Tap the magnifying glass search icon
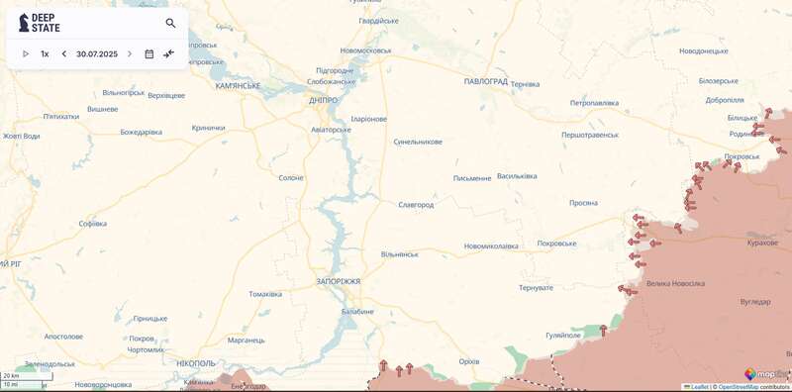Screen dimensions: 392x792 tap(170, 23)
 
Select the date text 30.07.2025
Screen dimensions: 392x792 tap(97, 54)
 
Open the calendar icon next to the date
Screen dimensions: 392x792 tap(149, 54)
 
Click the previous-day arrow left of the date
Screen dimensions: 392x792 tap(64, 54)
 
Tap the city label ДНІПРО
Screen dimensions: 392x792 tap(323, 100)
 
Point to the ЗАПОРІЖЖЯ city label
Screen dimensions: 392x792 tap(338, 282)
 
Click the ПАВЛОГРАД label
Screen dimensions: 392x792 tap(485, 81)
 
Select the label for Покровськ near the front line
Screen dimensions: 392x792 tap(742, 156)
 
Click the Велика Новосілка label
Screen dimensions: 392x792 tap(675, 284)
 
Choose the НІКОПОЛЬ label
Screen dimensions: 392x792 tap(196, 364)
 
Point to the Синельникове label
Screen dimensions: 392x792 tap(418, 142)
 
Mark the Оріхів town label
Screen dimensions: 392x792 tap(469, 361)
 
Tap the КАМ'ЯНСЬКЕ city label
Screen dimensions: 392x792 tap(238, 86)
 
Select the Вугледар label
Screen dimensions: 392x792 tap(754, 301)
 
